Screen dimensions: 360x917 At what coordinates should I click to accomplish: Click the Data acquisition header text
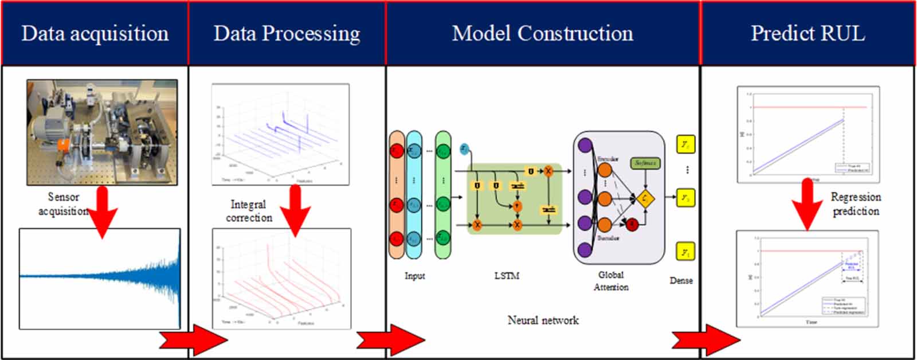pyautogui.click(x=95, y=34)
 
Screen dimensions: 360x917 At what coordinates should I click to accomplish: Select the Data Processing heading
pyautogui.click(x=287, y=34)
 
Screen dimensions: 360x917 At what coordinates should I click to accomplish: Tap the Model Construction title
pyautogui.click(x=543, y=34)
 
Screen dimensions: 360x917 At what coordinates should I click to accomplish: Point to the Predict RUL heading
pyautogui.click(x=808, y=34)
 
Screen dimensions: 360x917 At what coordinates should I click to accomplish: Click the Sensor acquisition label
pyautogui.click(x=63, y=204)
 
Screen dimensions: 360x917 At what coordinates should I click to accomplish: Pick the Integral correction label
pyautogui.click(x=249, y=211)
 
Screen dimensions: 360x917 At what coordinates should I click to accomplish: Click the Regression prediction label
pyautogui.click(x=856, y=204)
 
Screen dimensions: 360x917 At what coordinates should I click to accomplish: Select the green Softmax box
pyautogui.click(x=645, y=163)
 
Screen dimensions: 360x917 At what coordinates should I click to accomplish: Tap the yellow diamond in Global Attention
pyautogui.click(x=645, y=199)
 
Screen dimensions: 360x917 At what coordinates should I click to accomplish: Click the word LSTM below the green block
pyautogui.click(x=507, y=276)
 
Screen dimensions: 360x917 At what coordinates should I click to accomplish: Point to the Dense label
pyautogui.click(x=681, y=281)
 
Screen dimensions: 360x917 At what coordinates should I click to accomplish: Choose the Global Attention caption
pyautogui.click(x=611, y=281)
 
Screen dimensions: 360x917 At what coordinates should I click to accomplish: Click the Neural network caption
pyautogui.click(x=543, y=320)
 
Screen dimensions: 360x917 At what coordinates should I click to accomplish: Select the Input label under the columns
pyautogui.click(x=415, y=276)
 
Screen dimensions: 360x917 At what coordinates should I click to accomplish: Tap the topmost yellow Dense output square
pyautogui.click(x=685, y=144)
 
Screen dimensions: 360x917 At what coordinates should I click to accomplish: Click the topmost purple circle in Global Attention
pyautogui.click(x=585, y=146)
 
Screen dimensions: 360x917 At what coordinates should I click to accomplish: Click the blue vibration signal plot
pyautogui.click(x=100, y=279)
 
